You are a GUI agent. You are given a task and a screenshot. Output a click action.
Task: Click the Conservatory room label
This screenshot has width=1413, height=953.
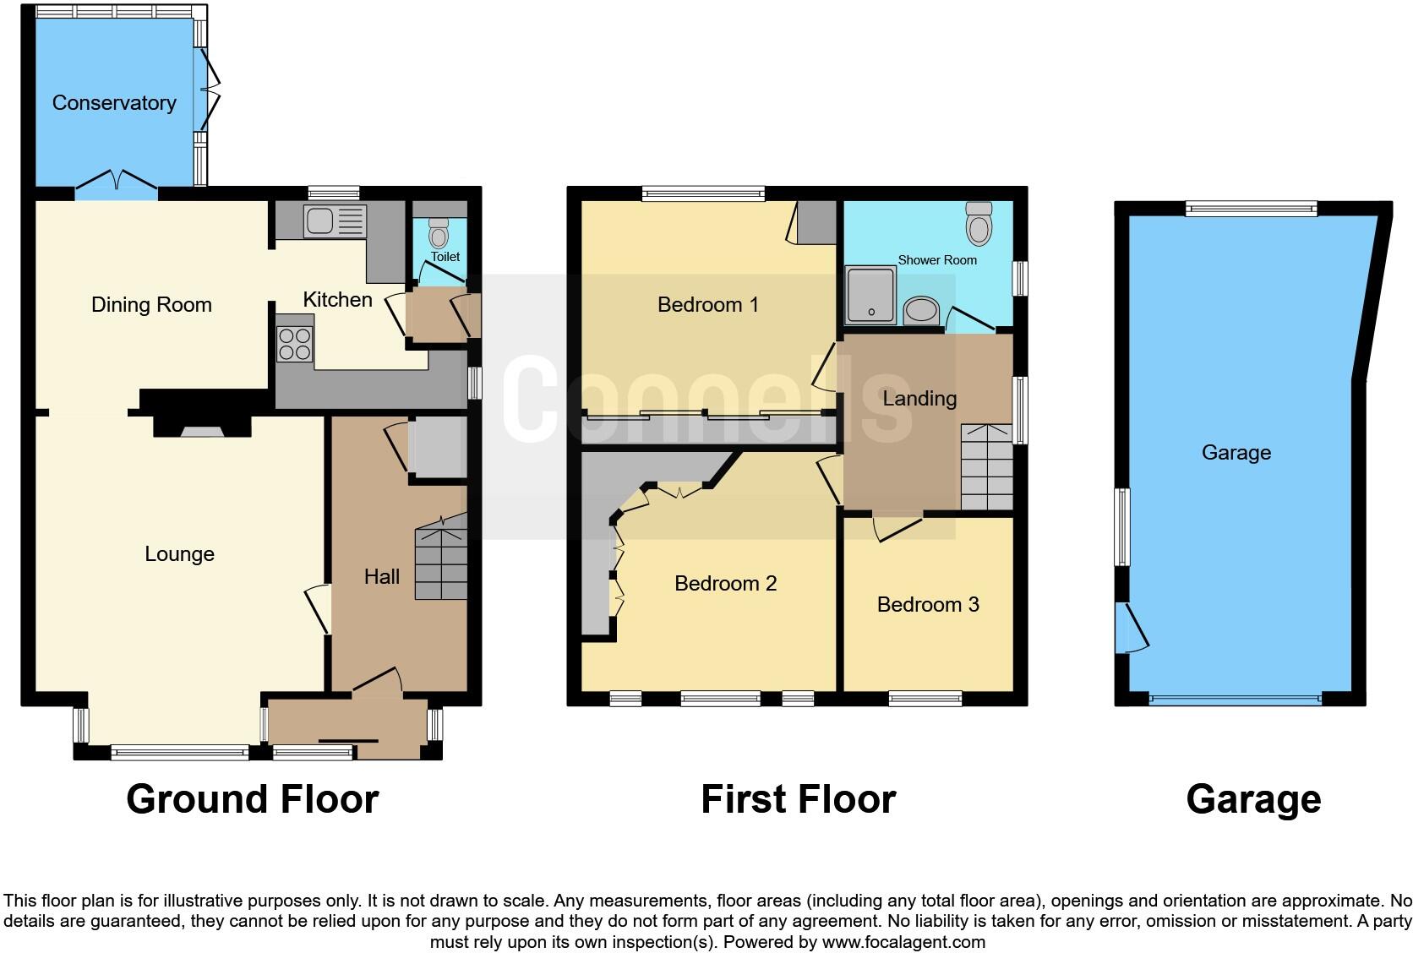114,103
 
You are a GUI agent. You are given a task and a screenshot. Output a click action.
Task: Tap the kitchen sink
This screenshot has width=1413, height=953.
334,221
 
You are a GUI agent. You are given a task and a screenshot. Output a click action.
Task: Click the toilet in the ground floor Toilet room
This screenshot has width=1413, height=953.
439,231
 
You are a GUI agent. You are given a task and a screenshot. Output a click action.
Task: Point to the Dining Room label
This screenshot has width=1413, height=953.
151,305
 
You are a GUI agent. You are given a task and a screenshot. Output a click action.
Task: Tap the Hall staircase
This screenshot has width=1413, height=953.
441,562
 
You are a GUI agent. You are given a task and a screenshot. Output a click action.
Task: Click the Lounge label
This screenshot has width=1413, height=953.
179,554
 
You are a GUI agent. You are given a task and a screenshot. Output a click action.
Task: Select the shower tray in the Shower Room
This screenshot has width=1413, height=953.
870,296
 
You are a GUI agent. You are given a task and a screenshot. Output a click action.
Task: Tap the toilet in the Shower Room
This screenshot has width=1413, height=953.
979,223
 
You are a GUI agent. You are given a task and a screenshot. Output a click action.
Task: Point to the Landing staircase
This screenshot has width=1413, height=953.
987,469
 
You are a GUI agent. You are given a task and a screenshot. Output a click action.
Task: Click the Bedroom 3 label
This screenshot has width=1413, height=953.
928,605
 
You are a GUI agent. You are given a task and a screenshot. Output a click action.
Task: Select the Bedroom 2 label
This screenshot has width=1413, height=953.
725,584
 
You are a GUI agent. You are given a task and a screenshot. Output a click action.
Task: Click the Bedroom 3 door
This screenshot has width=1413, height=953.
896,527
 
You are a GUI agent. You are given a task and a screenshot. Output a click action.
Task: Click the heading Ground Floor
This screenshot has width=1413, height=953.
252,799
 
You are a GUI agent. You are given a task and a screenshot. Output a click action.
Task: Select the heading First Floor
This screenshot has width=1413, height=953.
798,799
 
